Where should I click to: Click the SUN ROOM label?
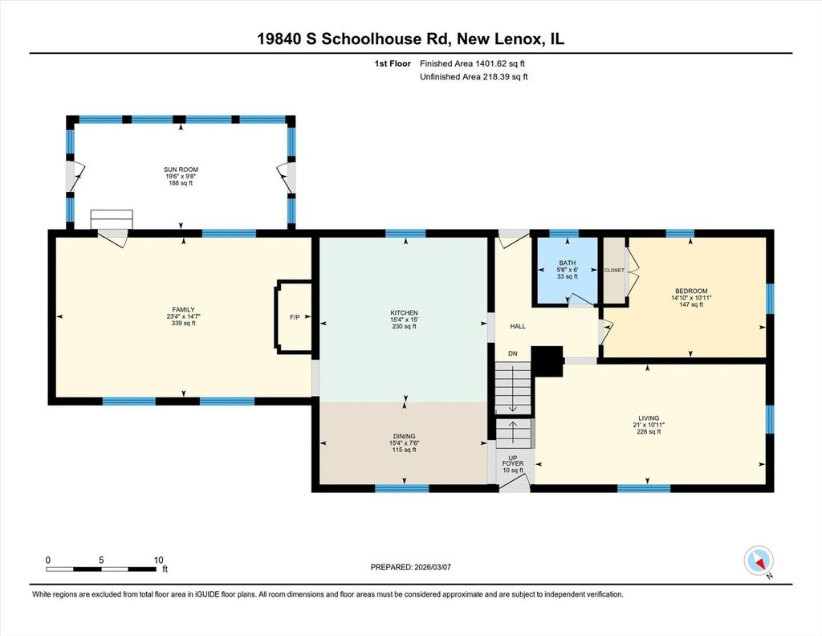pyautogui.click(x=181, y=169)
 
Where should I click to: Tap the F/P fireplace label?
pyautogui.click(x=295, y=317)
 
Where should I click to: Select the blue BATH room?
pyautogui.click(x=566, y=270)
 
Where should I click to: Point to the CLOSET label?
pyautogui.click(x=614, y=270)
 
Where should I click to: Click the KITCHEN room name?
pyautogui.click(x=405, y=313)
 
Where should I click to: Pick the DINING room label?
pyautogui.click(x=405, y=436)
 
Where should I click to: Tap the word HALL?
pyautogui.click(x=518, y=326)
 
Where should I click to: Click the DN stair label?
pyautogui.click(x=513, y=353)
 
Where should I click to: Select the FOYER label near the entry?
pyautogui.click(x=513, y=463)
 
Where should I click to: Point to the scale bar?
pyautogui.click(x=100, y=569)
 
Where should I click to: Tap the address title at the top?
pyautogui.click(x=410, y=39)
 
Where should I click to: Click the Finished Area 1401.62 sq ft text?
pyautogui.click(x=472, y=63)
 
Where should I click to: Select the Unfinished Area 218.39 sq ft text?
pyautogui.click(x=474, y=76)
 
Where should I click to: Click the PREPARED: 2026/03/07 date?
pyautogui.click(x=410, y=567)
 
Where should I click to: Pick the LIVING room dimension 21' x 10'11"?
pyautogui.click(x=649, y=426)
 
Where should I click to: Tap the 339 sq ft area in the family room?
pyautogui.click(x=184, y=323)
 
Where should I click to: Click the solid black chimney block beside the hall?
pyautogui.click(x=547, y=361)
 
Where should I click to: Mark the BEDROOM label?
pyautogui.click(x=691, y=291)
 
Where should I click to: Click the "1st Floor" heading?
pyautogui.click(x=392, y=63)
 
